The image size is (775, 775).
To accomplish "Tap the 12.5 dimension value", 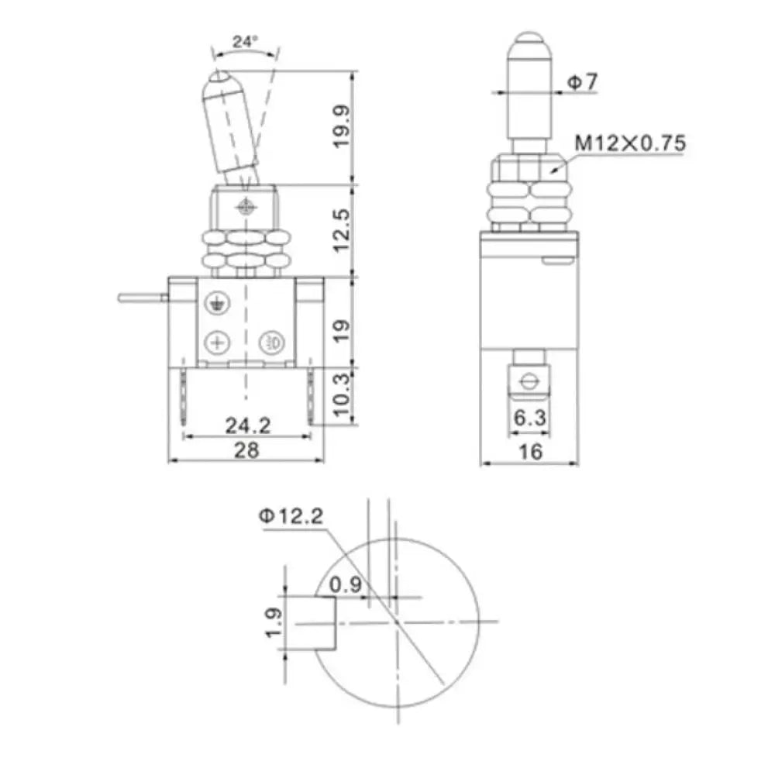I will [x=343, y=230].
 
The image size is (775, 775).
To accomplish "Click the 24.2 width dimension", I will [x=247, y=425].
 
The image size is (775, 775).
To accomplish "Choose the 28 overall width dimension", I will [x=247, y=449].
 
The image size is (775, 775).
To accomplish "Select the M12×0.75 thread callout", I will [x=629, y=143].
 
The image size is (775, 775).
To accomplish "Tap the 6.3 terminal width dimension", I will [x=530, y=418].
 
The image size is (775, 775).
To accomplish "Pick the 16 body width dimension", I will [x=530, y=451].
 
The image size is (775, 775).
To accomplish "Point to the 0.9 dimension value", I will [x=346, y=585].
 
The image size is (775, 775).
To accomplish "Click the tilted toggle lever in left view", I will [x=229, y=124].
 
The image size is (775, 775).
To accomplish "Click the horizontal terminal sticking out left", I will [x=142, y=297].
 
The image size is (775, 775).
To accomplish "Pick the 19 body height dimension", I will [x=343, y=321].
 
